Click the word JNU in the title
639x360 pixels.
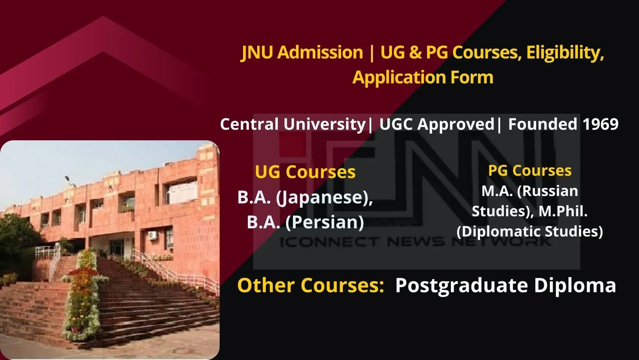point(257,53)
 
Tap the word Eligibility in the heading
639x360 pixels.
point(565,53)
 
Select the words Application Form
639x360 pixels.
point(423,77)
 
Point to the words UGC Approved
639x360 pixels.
point(436,124)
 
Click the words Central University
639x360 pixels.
point(292,124)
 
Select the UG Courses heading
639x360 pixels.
point(305,172)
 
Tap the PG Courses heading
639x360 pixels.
point(530,170)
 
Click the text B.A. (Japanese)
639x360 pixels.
point(305,197)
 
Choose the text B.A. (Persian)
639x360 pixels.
point(305,222)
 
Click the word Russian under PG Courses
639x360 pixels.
point(549,191)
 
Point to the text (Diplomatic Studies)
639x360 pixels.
point(530,231)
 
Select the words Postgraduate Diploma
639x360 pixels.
point(505,285)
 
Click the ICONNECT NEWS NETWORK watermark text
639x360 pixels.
point(415,242)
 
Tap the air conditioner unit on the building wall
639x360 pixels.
point(152,235)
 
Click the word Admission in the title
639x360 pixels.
point(320,53)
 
